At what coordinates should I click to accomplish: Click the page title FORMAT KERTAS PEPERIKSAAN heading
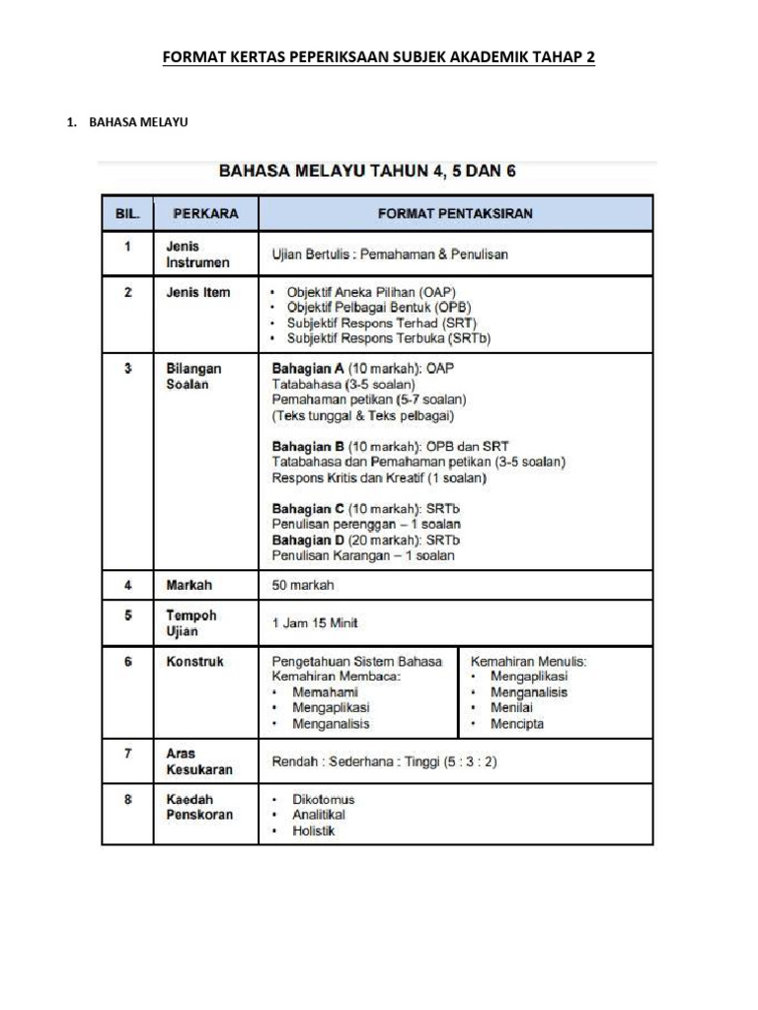[379, 59]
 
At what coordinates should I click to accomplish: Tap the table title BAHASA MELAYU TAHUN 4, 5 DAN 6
[366, 170]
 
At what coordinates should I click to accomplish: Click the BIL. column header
[127, 213]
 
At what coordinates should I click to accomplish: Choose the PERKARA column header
[205, 213]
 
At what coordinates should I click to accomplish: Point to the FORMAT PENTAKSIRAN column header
[455, 213]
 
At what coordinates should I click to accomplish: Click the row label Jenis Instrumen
[197, 254]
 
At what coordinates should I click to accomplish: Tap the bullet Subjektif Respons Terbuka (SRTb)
[388, 338]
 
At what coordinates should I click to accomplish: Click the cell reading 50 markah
[303, 585]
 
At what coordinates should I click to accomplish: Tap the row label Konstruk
[194, 662]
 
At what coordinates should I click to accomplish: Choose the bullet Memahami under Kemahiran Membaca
[325, 692]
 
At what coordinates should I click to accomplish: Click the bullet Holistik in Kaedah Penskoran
[313, 830]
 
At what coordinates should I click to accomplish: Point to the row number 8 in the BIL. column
[127, 800]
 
